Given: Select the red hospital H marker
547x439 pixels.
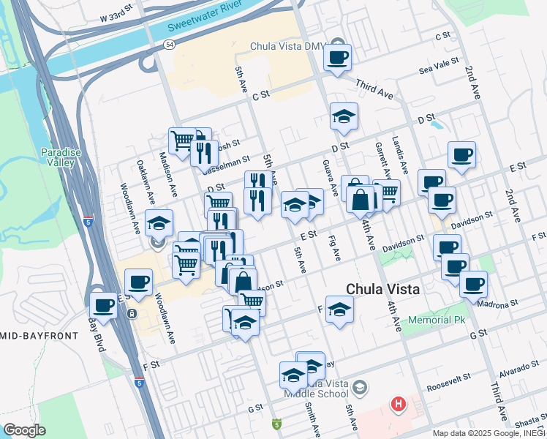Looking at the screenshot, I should click(399, 403).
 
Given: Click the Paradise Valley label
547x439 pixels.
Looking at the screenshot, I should click(58, 157).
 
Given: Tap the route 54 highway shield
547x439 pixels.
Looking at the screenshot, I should click(170, 45).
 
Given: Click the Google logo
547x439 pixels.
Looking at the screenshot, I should click(24, 429).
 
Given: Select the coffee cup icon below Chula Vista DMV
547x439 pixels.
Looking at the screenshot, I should click(338, 57).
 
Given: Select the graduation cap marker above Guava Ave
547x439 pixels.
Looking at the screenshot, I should click(344, 116).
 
